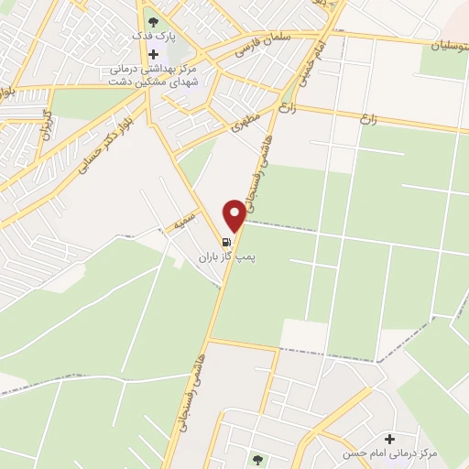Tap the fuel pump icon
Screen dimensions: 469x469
[x=226, y=244]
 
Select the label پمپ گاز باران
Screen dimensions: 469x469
[x=225, y=259]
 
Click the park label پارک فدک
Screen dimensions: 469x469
[x=154, y=37]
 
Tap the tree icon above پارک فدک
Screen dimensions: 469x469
[x=153, y=20]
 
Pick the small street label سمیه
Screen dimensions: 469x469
[x=179, y=224]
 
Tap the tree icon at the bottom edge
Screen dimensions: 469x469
[x=256, y=459]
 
